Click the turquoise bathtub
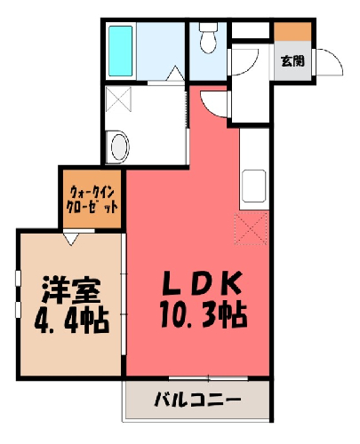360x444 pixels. click(120, 51)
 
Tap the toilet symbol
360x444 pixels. click(208, 38)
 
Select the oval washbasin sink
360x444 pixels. click(120, 147)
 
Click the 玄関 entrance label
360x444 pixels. click(292, 61)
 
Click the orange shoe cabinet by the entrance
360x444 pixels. click(292, 31)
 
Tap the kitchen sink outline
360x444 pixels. click(253, 186)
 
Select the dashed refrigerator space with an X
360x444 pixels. click(251, 228)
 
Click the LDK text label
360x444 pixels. click(201, 283)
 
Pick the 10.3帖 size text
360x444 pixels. click(204, 313)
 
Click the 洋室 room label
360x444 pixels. click(71, 290)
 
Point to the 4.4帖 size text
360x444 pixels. click(72, 321)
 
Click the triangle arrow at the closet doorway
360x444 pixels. click(71, 239)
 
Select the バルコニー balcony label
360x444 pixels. click(197, 400)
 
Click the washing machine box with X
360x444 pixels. click(118, 99)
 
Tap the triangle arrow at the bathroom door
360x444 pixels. click(175, 73)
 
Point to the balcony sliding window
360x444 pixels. click(208, 378)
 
